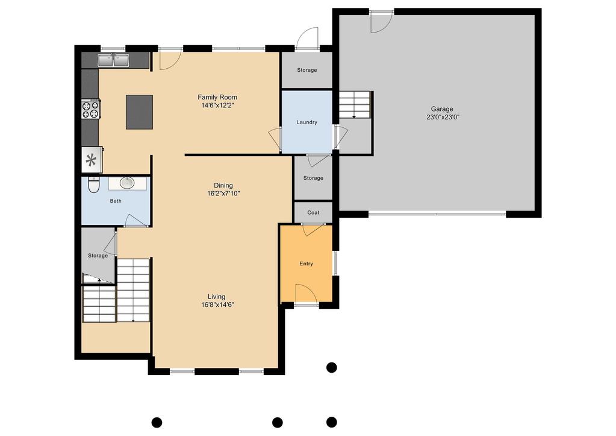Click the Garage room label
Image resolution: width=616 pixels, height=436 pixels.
point(442,109)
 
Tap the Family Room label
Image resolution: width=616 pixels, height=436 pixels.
point(217,97)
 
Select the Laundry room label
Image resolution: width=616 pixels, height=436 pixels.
point(307,122)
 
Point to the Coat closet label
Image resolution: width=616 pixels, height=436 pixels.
point(313,212)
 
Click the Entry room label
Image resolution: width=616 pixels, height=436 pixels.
point(306,264)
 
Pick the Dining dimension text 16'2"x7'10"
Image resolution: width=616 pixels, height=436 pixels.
point(223,194)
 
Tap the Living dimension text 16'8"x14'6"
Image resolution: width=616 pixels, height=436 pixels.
point(217,305)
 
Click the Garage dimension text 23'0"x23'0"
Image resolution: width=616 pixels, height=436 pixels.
point(443,117)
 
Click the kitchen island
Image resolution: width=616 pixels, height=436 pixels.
point(140,112)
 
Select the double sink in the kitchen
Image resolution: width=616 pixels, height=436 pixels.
point(113,60)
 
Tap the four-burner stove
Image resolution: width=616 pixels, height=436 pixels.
point(90,109)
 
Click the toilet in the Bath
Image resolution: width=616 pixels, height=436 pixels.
point(93,185)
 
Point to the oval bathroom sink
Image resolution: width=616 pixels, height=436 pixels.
point(127,183)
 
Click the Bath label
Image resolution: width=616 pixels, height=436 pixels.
point(116,201)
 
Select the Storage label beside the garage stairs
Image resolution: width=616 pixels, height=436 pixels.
point(307,70)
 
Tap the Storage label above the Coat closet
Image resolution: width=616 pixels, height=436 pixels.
point(313,179)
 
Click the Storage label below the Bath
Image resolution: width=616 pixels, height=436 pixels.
point(98,256)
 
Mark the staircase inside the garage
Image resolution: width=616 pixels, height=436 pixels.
point(355,105)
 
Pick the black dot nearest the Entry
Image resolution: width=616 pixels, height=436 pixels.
point(332,367)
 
